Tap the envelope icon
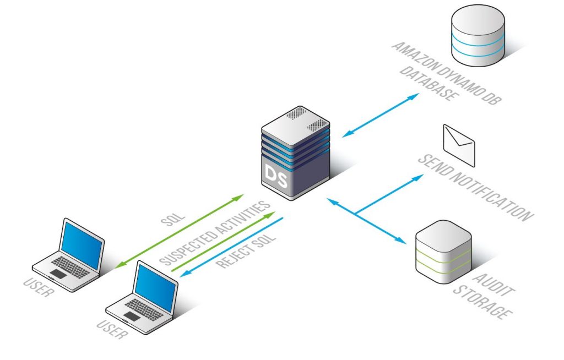tap(459, 145)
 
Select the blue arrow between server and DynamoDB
tap(381, 115)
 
